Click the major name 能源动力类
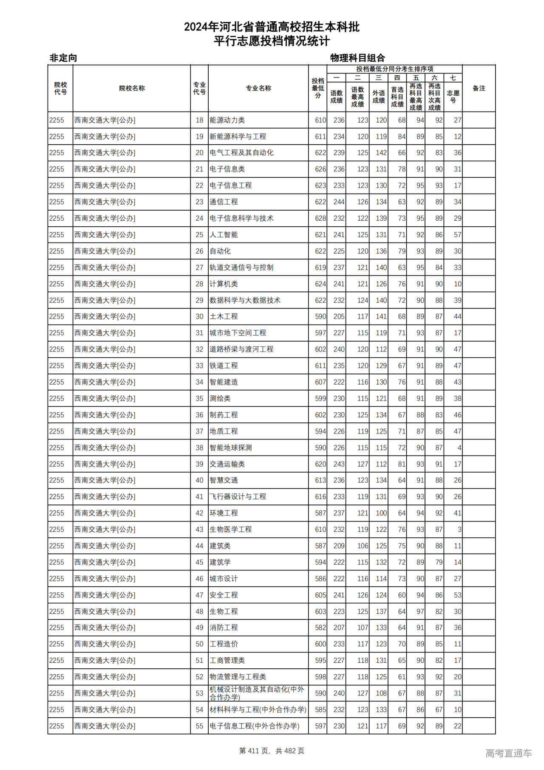coord(227,120)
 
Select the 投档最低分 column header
coord(318,88)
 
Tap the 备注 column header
coord(479,88)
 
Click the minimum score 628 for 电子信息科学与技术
coord(320,218)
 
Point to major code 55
coord(199,726)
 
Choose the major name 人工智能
coord(224,235)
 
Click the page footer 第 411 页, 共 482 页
coord(272,751)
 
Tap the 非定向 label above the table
coord(63,58)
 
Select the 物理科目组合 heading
coord(357,58)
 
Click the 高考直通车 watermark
coord(508,753)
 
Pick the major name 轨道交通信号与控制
coord(241,268)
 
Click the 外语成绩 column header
coord(379,97)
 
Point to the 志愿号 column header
coord(453,97)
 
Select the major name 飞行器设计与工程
coord(238,496)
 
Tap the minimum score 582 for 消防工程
coord(320,627)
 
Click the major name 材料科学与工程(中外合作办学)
coord(258,710)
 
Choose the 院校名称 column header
coord(132,88)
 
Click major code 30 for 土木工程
coord(199,317)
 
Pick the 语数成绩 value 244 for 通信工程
coord(339,202)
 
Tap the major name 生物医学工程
coord(231,529)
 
